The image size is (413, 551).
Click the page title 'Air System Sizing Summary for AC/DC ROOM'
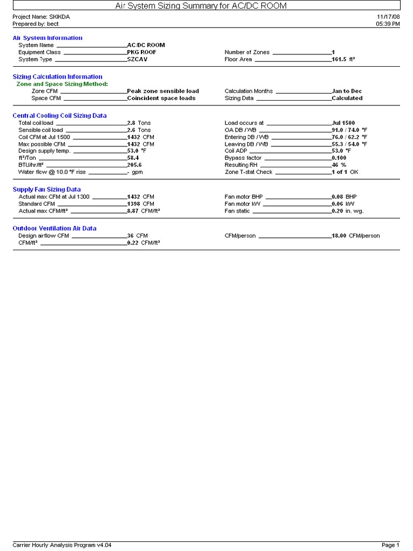(201, 6)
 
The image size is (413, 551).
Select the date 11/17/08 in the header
(388, 17)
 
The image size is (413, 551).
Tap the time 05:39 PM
(388, 24)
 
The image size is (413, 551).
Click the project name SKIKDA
(59, 17)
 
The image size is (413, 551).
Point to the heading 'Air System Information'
(48, 38)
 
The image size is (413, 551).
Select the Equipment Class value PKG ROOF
(141, 52)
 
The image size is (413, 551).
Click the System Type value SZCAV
(137, 59)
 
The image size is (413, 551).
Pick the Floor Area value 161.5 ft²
(343, 59)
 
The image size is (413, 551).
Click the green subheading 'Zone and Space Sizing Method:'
(62, 84)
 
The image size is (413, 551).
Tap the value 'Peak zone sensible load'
(163, 91)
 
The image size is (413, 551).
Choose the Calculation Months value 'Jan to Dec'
(347, 91)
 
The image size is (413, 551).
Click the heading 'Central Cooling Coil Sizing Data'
(60, 116)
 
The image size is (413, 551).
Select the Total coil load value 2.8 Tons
(139, 123)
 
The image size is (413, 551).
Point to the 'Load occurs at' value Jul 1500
(343, 123)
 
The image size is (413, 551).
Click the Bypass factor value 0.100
(339, 158)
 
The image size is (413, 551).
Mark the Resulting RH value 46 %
(339, 165)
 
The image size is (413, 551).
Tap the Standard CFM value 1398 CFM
(140, 204)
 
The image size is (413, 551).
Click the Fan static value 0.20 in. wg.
(347, 211)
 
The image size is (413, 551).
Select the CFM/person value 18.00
(339, 236)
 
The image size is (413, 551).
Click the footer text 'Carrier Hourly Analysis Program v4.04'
(62, 545)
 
